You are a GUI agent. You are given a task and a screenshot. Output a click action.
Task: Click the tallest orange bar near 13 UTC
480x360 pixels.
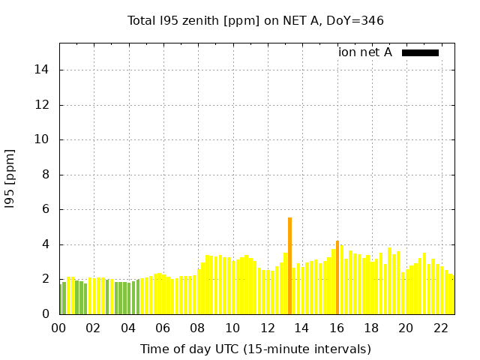[289, 266]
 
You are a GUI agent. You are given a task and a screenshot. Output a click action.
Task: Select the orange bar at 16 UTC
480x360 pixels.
[337, 277]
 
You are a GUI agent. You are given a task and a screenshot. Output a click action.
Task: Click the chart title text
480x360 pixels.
[256, 21]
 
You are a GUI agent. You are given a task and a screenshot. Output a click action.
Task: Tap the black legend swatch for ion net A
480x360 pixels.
[420, 52]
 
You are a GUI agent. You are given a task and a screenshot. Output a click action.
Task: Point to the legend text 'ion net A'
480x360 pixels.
[365, 52]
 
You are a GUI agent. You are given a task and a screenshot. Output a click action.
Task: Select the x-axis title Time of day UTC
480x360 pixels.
[256, 349]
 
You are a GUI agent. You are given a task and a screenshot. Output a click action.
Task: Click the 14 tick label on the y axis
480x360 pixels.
[42, 70]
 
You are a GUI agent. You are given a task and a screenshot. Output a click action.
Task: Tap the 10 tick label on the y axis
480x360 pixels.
[42, 140]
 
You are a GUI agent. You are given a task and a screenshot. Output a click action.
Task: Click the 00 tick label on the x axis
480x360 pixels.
[59, 328]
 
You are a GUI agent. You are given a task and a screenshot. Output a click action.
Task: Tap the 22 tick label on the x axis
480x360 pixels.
[441, 328]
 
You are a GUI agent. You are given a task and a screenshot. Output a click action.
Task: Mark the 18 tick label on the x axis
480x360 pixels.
[372, 328]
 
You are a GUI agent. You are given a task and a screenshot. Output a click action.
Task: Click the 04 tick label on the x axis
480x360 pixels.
[129, 328]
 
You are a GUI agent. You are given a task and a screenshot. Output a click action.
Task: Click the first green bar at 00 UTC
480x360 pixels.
[61, 299]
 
